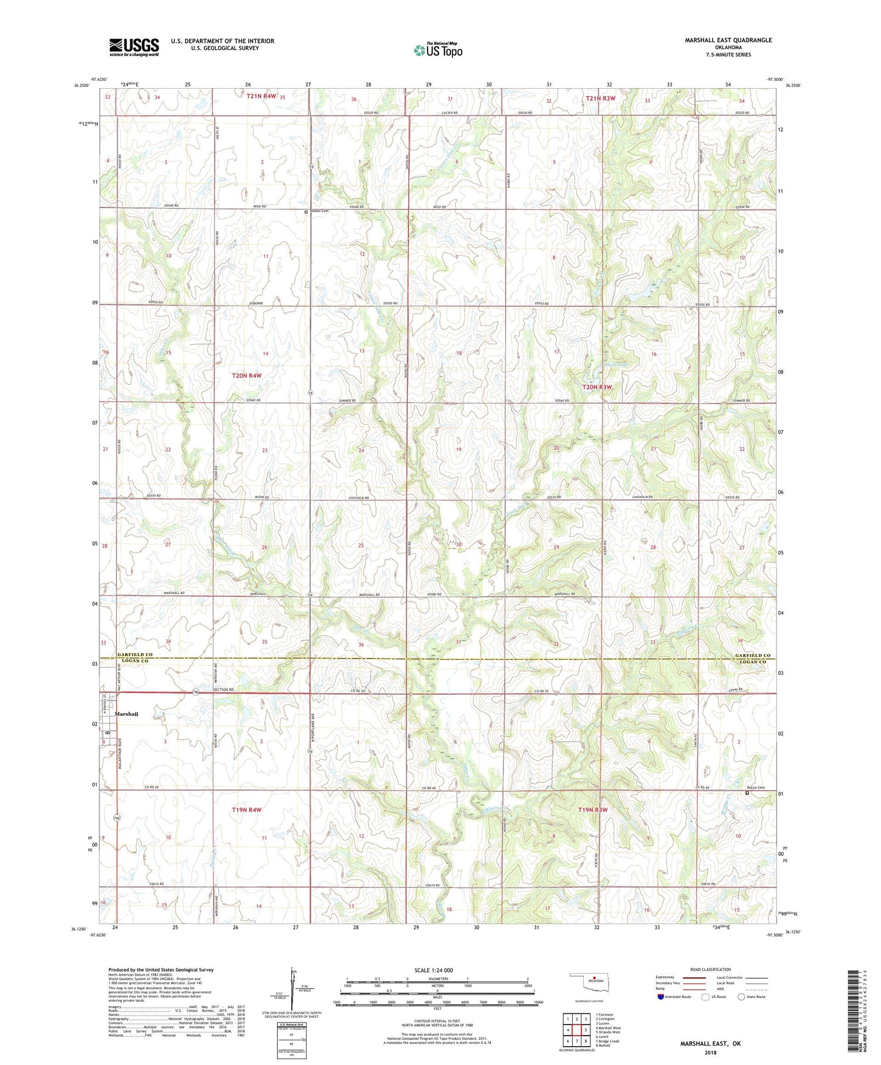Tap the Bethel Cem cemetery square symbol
click(305, 211)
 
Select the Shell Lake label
click(604, 364)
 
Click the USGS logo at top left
click(134, 46)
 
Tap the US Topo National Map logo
click(438, 50)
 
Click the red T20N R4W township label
click(246, 375)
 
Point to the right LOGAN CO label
click(751, 662)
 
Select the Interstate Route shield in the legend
click(661, 996)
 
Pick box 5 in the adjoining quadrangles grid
click(586, 1030)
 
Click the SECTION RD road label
click(224, 690)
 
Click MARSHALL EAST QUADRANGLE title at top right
click(728, 40)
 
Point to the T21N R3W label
click(600, 98)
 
